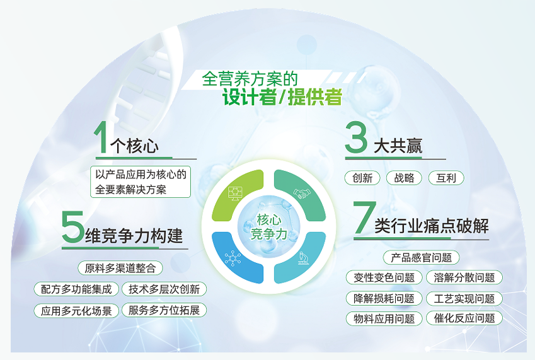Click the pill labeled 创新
[362, 178]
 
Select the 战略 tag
[404, 178]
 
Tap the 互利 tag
[446, 178]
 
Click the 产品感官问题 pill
[421, 257]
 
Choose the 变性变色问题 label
[384, 277]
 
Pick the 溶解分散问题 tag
[464, 277]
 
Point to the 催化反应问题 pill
[464, 318]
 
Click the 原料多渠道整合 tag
[120, 268]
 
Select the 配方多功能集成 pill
[76, 289]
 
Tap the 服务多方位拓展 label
[164, 310]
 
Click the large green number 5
[72, 226]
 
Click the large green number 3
[356, 137]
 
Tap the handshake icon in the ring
[302, 194]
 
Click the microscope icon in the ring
[302, 258]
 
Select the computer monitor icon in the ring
[235, 194]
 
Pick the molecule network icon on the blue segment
[233, 258]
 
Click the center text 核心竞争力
[269, 227]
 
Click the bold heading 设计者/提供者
[282, 97]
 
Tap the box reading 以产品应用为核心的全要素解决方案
[141, 182]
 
